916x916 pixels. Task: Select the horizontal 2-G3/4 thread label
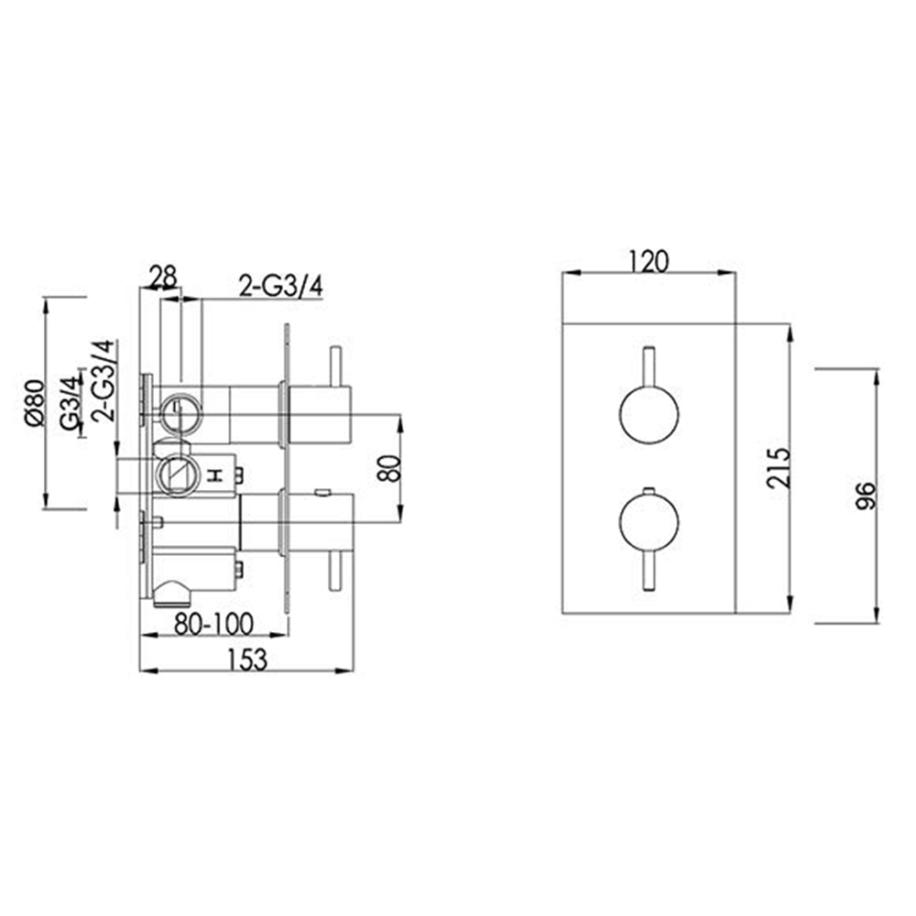coord(279,287)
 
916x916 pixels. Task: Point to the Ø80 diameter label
coord(34,403)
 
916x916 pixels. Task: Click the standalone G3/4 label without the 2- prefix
coord(69,403)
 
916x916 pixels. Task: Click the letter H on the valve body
coord(216,474)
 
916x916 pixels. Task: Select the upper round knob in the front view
coord(649,414)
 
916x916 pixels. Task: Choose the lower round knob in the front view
coord(649,523)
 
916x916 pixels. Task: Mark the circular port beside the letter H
coord(176,474)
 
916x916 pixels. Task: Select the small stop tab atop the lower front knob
coord(649,490)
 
